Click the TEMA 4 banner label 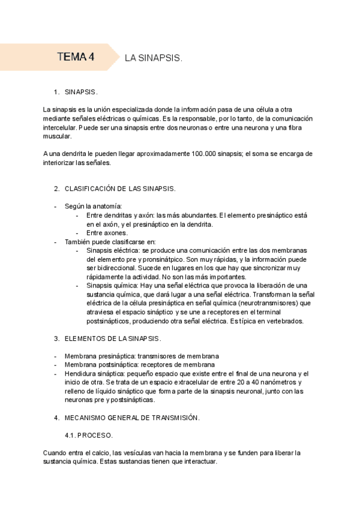coord(76,58)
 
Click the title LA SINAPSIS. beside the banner coord(153,59)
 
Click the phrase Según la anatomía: coord(93,206)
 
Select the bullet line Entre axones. coord(107,233)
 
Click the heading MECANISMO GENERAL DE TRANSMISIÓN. coord(132,417)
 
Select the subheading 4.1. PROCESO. coord(89,435)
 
